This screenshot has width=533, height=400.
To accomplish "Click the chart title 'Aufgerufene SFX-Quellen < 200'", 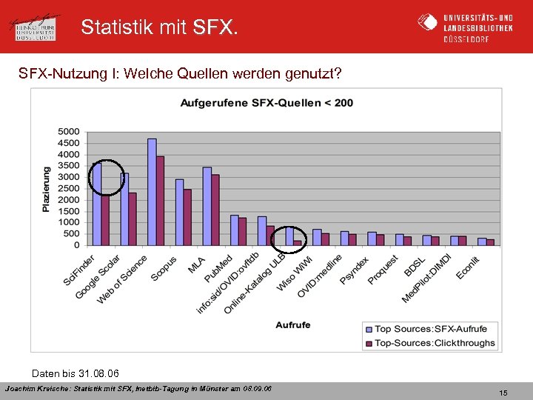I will click(266, 102).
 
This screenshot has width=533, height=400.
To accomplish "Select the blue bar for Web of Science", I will click(152, 192).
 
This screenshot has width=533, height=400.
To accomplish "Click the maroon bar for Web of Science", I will click(160, 201).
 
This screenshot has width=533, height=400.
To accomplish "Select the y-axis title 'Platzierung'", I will click(46, 189).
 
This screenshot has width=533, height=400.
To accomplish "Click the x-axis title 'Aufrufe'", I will click(293, 325).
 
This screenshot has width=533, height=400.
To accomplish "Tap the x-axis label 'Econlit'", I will click(469, 267).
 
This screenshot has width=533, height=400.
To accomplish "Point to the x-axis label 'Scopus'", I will click(164, 269).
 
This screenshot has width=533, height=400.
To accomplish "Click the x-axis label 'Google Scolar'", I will click(97, 278).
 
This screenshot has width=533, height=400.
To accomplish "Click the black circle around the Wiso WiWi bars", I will click(288, 239).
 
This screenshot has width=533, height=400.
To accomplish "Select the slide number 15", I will click(503, 393).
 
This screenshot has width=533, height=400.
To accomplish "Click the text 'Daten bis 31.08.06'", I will click(76, 372).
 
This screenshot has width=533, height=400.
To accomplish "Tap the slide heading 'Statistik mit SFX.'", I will click(160, 27).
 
